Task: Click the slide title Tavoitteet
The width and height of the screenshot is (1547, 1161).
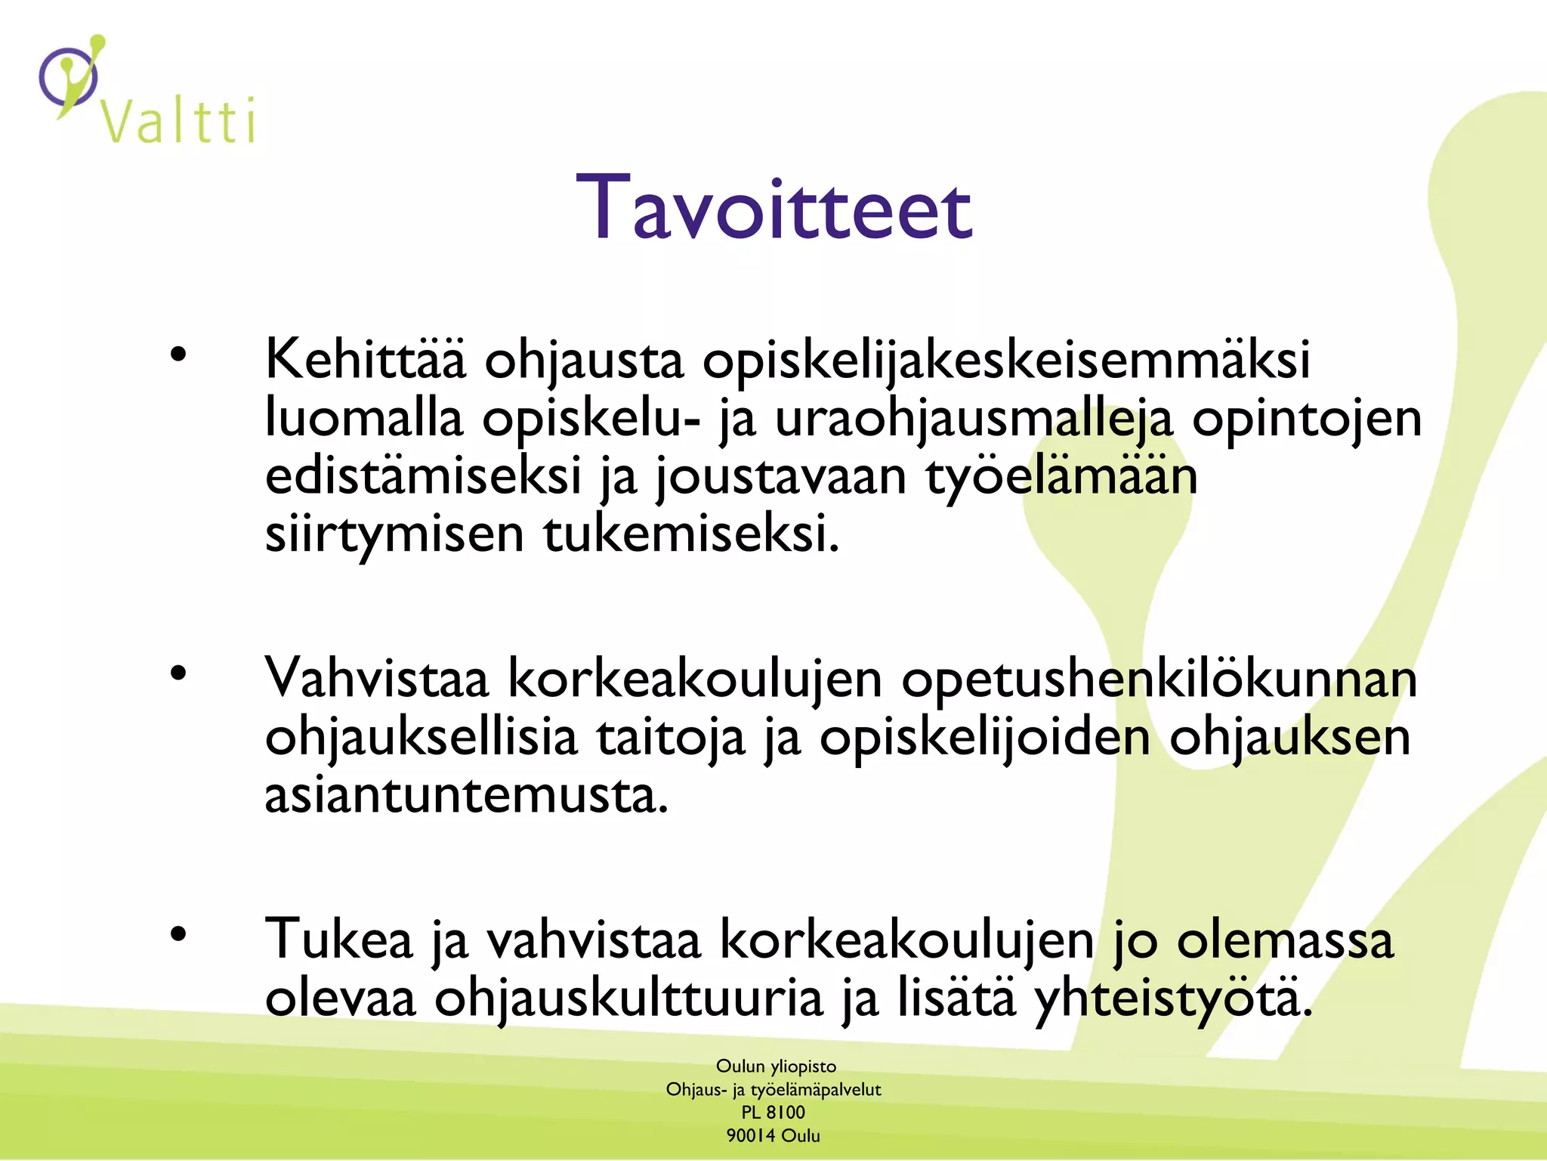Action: [x=773, y=208]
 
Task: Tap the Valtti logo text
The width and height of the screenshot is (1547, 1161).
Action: [x=178, y=121]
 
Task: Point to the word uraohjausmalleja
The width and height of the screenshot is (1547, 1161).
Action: [x=974, y=418]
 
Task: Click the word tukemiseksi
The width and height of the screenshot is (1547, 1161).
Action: [x=690, y=534]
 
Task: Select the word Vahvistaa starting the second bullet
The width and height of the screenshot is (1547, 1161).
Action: [x=376, y=678]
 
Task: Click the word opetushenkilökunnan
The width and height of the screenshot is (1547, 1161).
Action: [x=1159, y=678]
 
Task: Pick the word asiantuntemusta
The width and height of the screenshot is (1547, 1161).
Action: [x=466, y=795]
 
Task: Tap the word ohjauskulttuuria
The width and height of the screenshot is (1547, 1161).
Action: [x=628, y=998]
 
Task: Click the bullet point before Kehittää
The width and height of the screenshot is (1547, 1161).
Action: [x=178, y=354]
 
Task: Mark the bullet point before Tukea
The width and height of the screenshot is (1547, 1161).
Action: [x=178, y=935]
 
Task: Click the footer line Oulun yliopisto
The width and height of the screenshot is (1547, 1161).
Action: [x=776, y=1067]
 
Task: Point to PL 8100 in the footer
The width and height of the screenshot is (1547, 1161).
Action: [x=773, y=1113]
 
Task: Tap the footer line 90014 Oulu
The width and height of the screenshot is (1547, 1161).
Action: [x=773, y=1135]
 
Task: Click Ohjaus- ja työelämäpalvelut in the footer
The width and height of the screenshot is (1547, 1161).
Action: [x=773, y=1089]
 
